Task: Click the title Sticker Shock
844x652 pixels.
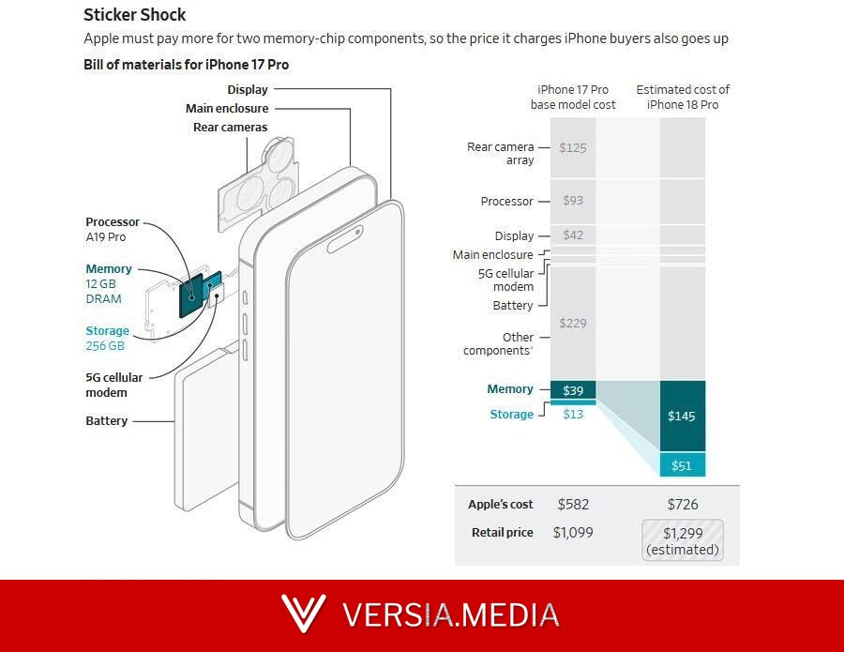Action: click(x=134, y=14)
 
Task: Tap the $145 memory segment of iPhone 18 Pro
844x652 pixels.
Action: click(x=683, y=416)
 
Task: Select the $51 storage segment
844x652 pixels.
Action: click(x=683, y=464)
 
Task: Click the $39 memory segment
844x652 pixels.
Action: click(x=573, y=390)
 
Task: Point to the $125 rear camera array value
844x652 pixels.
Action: click(x=573, y=148)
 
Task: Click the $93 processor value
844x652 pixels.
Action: click(x=573, y=200)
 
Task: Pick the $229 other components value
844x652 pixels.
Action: click(x=573, y=323)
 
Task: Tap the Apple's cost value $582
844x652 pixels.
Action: click(x=573, y=505)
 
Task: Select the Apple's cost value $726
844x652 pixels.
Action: click(x=683, y=505)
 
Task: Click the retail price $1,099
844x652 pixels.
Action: click(x=573, y=533)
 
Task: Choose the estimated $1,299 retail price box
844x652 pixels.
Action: click(x=683, y=540)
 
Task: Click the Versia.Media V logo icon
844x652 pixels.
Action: click(x=303, y=614)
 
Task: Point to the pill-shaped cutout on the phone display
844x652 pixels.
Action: click(x=344, y=239)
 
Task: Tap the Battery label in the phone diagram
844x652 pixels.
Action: click(x=107, y=420)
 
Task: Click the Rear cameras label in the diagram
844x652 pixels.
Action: click(x=231, y=127)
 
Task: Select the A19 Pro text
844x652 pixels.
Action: click(x=105, y=237)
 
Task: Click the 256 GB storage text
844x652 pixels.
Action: click(x=105, y=345)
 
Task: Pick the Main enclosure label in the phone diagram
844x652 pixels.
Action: click(x=227, y=108)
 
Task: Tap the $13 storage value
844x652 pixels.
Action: click(x=573, y=414)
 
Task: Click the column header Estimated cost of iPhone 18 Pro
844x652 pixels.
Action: click(x=683, y=97)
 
